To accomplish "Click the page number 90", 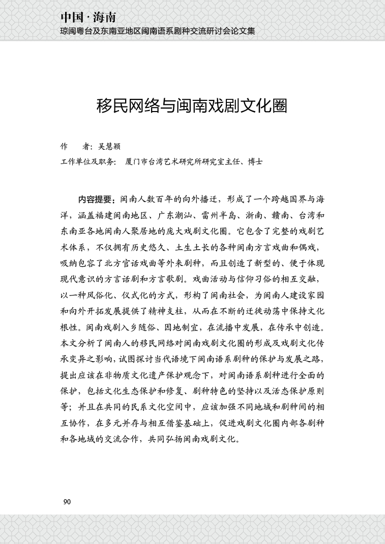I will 66,502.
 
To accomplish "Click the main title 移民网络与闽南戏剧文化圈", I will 192,106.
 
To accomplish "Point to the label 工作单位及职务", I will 87,162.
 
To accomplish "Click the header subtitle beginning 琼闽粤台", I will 157,31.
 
